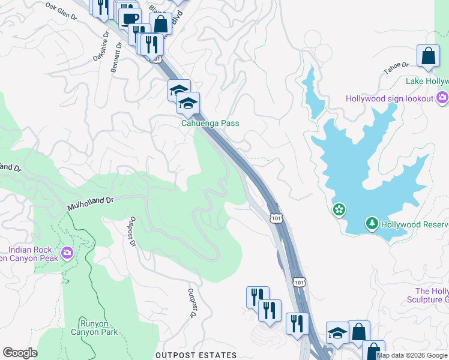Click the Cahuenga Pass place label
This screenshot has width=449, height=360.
coord(210,123)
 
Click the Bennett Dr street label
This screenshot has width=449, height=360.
coord(116,59)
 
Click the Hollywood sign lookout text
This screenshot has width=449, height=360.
coord(389,98)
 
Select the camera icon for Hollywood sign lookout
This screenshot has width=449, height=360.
coord(443,97)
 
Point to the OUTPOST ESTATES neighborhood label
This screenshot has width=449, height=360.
coord(196,355)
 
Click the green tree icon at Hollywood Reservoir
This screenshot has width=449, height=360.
coord(372,224)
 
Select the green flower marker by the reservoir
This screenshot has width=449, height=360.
coord(339,209)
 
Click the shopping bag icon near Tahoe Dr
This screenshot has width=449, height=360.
coord(428,56)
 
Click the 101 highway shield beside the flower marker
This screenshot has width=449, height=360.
coord(276,218)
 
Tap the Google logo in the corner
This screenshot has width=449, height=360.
coord(20,353)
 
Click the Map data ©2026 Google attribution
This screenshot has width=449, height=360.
coord(412,355)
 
